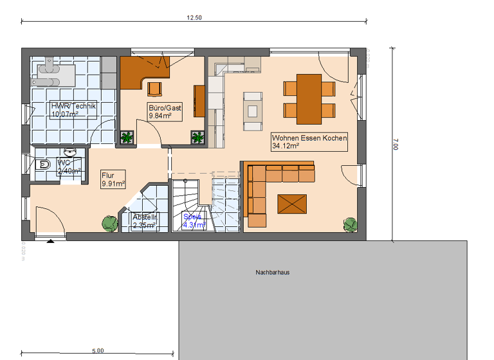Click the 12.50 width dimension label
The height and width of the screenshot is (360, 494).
click(x=194, y=18)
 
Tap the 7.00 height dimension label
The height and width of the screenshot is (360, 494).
click(x=395, y=147)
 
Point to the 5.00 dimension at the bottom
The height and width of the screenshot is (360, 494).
click(x=97, y=351)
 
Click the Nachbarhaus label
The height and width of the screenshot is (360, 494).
click(x=272, y=273)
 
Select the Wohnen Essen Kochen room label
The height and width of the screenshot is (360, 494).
click(x=309, y=142)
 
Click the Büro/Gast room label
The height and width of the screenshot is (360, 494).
click(x=165, y=113)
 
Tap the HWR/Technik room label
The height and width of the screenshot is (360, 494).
click(x=73, y=110)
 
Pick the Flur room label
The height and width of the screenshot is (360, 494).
click(x=113, y=179)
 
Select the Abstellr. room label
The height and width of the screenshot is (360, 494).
click(x=145, y=221)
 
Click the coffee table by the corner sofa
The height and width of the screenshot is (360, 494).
click(x=293, y=204)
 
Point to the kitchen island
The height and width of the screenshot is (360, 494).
click(x=253, y=107)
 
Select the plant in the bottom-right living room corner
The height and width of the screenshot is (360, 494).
click(x=351, y=224)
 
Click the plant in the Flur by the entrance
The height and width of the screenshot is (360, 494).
click(x=109, y=223)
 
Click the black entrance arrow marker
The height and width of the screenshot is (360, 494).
click(x=50, y=242)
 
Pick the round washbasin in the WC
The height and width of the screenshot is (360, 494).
click(x=69, y=152)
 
